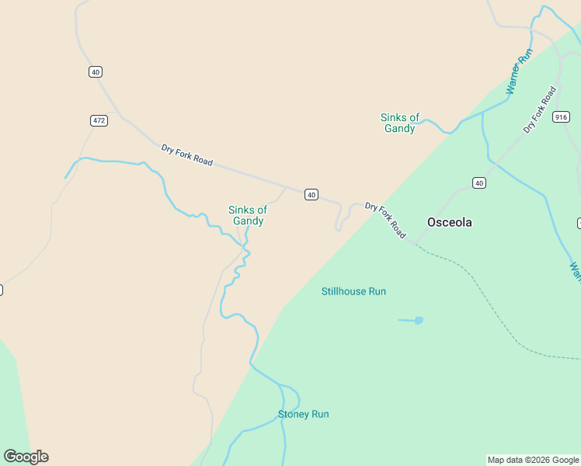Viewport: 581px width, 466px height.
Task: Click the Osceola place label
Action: (x=449, y=222)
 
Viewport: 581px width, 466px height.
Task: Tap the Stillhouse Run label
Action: (x=353, y=291)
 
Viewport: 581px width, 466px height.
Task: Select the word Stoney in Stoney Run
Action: (x=294, y=414)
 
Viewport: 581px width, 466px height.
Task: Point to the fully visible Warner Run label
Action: (x=519, y=71)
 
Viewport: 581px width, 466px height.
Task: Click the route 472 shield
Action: (x=99, y=120)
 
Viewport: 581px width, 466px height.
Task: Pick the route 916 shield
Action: (x=562, y=117)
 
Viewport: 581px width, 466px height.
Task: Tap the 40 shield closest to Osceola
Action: (x=478, y=183)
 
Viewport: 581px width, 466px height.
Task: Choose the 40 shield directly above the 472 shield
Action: (x=95, y=72)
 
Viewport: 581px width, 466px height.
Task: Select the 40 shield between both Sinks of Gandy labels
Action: (x=311, y=194)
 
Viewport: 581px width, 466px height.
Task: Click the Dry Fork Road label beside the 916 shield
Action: (x=540, y=110)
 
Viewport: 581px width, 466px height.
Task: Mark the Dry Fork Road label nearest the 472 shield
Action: (x=186, y=155)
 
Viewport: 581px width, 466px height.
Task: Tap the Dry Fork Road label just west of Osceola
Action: (x=385, y=220)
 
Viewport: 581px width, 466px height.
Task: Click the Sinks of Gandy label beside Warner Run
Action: (x=400, y=123)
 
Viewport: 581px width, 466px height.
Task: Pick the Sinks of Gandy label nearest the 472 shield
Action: (x=248, y=215)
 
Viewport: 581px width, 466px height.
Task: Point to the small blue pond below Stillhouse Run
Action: (x=419, y=320)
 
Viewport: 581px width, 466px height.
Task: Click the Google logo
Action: (x=26, y=457)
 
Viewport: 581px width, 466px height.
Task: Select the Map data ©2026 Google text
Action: (x=533, y=460)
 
